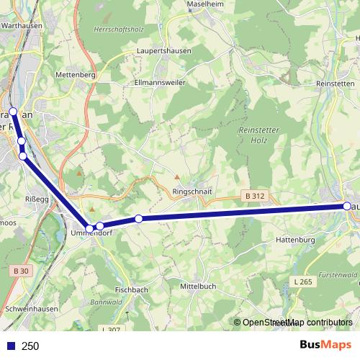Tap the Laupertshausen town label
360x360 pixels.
point(164,52)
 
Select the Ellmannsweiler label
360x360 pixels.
point(161,83)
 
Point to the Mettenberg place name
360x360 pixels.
point(76,74)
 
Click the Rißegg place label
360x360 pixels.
point(37,199)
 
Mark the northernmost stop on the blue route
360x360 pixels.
point(13,112)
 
